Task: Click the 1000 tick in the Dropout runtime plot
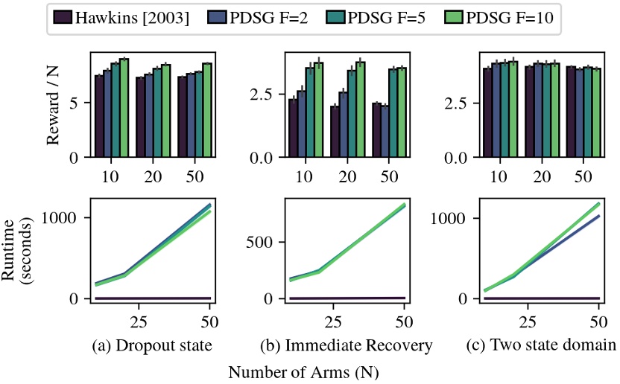(x=66, y=217)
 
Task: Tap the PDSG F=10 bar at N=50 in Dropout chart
(x=206, y=110)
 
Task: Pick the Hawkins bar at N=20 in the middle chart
(x=335, y=132)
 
